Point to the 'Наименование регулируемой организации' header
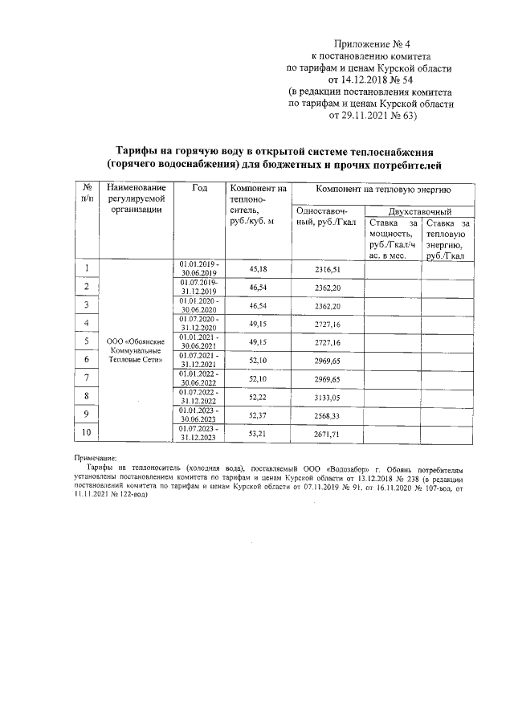[135, 198]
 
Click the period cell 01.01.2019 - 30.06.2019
[200, 268]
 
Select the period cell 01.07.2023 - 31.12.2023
[200, 434]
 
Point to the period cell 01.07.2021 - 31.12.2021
[200, 360]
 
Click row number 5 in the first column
[86, 341]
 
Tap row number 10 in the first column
[86, 434]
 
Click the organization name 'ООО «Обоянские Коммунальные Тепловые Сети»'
[135, 351]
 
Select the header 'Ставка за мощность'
[392, 239]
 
